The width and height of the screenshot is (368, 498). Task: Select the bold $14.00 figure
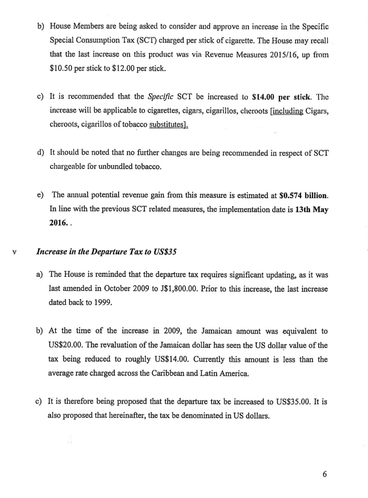coord(263,97)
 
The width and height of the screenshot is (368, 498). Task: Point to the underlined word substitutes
coord(168,124)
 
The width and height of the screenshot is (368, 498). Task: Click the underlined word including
coord(287,111)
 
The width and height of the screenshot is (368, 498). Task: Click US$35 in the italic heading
coord(165,252)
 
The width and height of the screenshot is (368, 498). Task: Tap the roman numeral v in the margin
coord(14,252)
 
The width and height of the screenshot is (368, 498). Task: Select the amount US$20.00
coord(65,345)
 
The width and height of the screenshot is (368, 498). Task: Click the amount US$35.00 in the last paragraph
coord(293,402)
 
